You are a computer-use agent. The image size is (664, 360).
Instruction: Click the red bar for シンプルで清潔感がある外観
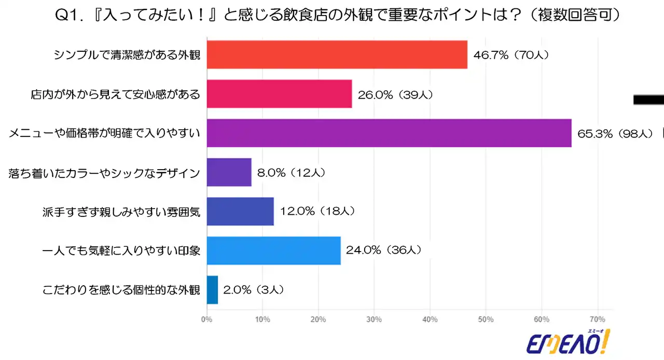[x=337, y=54]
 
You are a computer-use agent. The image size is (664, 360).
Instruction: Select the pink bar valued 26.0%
[x=279, y=94]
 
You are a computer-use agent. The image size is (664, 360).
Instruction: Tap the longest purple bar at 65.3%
[x=389, y=133]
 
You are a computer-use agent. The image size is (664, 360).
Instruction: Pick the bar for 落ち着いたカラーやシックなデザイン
[x=229, y=172]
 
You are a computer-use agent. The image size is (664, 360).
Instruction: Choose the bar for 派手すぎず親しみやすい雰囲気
[x=240, y=211]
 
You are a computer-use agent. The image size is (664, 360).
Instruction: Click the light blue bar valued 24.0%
[x=273, y=250]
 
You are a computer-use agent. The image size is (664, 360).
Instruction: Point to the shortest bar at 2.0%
[x=212, y=289]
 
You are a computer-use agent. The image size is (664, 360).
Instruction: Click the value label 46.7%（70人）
[x=511, y=55]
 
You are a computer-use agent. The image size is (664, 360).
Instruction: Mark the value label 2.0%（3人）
[x=254, y=289]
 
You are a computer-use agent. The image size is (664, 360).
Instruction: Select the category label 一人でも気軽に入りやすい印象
[x=121, y=251]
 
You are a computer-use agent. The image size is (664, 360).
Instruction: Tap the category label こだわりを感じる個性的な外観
[x=121, y=289]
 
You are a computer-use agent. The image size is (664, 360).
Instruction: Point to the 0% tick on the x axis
[x=206, y=319]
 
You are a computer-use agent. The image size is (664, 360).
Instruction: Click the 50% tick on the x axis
[x=486, y=319]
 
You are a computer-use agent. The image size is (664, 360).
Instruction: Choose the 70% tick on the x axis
[x=597, y=319]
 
